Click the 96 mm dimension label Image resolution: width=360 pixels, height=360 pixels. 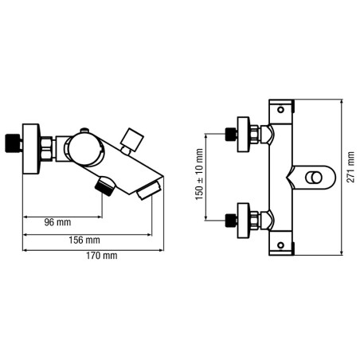[57, 222]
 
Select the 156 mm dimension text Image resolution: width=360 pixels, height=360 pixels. [84, 240]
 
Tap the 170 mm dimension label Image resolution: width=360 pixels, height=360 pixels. [101, 256]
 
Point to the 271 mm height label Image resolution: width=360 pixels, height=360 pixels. [350, 167]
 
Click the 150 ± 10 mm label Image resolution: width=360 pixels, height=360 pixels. [199, 174]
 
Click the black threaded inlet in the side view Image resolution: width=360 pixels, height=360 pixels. [13, 143]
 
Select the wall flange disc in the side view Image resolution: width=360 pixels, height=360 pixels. [31, 149]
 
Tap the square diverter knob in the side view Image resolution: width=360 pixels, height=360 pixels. [132, 139]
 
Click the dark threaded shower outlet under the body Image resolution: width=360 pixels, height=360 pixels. [105, 186]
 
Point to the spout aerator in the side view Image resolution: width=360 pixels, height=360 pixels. [149, 190]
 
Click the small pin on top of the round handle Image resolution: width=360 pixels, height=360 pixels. [84, 130]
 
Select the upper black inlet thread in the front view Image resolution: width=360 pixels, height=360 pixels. [231, 135]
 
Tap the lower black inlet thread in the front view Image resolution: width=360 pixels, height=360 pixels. [231, 221]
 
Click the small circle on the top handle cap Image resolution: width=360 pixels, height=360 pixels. [280, 109]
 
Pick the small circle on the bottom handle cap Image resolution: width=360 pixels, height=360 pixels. [280, 245]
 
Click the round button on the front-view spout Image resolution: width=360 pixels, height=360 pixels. [314, 178]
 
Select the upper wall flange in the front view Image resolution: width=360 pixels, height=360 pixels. [244, 135]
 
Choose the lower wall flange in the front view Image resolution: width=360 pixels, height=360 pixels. [244, 221]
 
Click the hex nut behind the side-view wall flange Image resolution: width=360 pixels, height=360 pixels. [47, 149]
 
